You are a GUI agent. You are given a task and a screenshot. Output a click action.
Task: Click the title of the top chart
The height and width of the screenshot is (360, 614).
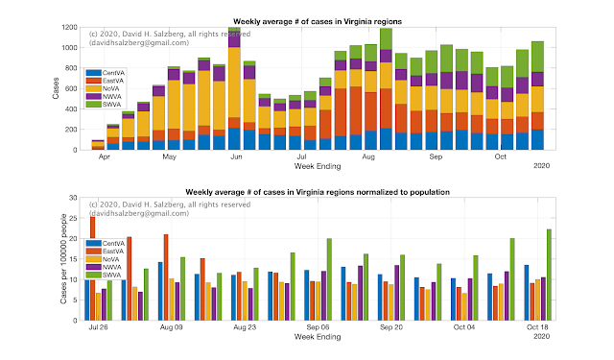point(318,21)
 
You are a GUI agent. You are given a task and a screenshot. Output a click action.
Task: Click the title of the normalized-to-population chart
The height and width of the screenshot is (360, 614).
point(318,192)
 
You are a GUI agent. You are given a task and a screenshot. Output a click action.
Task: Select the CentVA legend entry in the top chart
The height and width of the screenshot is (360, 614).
point(105,73)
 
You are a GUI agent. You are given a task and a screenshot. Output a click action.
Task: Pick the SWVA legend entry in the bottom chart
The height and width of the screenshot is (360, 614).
point(104,275)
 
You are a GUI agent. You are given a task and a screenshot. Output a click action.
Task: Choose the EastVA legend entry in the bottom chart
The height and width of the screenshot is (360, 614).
point(105,252)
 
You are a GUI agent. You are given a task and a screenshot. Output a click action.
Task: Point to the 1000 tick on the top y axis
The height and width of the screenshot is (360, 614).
point(69,48)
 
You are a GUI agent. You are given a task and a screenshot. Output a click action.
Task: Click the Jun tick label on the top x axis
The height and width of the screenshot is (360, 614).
point(236,156)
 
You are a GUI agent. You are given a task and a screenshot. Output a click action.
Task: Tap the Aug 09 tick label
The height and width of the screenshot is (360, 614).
point(171,327)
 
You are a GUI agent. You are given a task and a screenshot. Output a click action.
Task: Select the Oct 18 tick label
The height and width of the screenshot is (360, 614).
point(537,327)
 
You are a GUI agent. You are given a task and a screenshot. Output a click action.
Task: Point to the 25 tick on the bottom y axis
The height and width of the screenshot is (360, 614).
point(73,218)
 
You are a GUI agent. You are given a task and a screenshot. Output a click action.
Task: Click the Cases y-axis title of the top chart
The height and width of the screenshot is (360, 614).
point(56,88)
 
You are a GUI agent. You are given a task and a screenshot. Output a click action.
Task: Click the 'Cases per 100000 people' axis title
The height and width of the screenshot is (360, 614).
point(63,258)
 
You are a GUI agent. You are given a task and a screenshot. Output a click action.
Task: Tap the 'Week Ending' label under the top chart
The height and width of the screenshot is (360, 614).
point(318,166)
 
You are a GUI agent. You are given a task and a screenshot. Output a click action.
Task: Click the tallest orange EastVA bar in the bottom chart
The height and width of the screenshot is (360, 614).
point(93,269)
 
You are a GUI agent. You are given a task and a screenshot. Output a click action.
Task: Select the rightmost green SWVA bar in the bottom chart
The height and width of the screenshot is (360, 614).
point(549,275)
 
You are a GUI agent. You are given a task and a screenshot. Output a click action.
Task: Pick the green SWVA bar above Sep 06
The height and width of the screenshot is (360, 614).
point(329,279)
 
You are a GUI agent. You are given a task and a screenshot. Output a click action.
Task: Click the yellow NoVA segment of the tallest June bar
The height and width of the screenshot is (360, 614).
point(234,83)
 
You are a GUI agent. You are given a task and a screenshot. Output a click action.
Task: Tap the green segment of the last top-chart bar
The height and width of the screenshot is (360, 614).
point(537,57)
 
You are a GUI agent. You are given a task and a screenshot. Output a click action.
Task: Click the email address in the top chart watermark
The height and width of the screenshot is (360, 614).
point(139,42)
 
